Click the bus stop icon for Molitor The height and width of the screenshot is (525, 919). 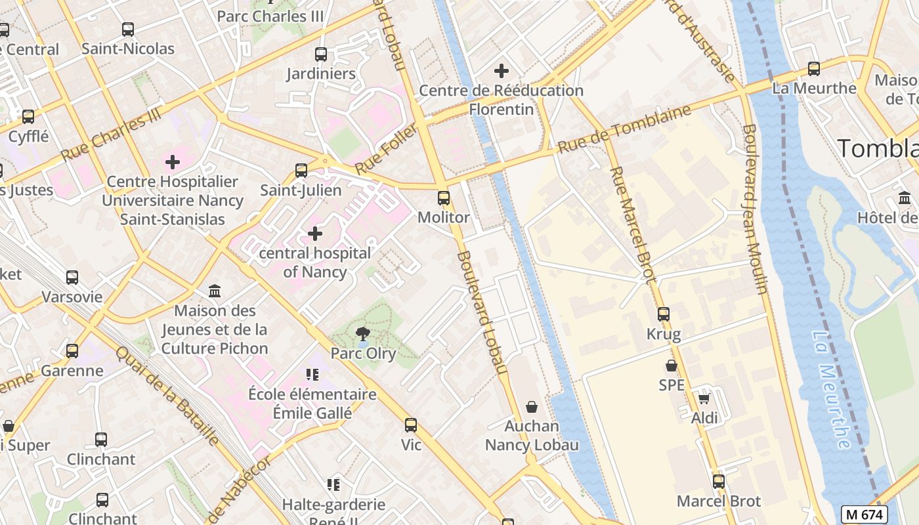click(x=444, y=198)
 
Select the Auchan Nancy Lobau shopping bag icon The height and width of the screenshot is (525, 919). click(x=532, y=407)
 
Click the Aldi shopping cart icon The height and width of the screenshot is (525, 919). click(x=704, y=398)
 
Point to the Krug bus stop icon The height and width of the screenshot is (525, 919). click(x=664, y=314)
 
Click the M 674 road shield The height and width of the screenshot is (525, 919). click(x=864, y=514)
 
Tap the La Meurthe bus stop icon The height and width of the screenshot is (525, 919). click(x=814, y=68)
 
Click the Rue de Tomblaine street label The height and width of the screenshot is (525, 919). click(x=624, y=129)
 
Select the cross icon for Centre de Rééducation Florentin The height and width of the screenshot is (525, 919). click(x=502, y=71)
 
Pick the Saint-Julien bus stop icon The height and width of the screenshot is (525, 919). click(x=301, y=171)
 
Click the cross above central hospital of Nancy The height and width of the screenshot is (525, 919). click(x=315, y=234)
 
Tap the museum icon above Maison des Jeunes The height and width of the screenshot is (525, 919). click(x=215, y=291)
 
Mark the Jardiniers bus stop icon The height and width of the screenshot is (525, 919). click(x=321, y=54)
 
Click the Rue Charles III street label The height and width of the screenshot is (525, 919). click(x=111, y=135)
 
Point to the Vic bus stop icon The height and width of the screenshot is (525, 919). click(x=411, y=425)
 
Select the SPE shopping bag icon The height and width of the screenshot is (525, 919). click(x=672, y=366)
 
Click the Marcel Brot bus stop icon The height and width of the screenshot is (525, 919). click(x=719, y=482)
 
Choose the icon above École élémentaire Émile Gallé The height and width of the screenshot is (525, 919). click(x=312, y=375)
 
